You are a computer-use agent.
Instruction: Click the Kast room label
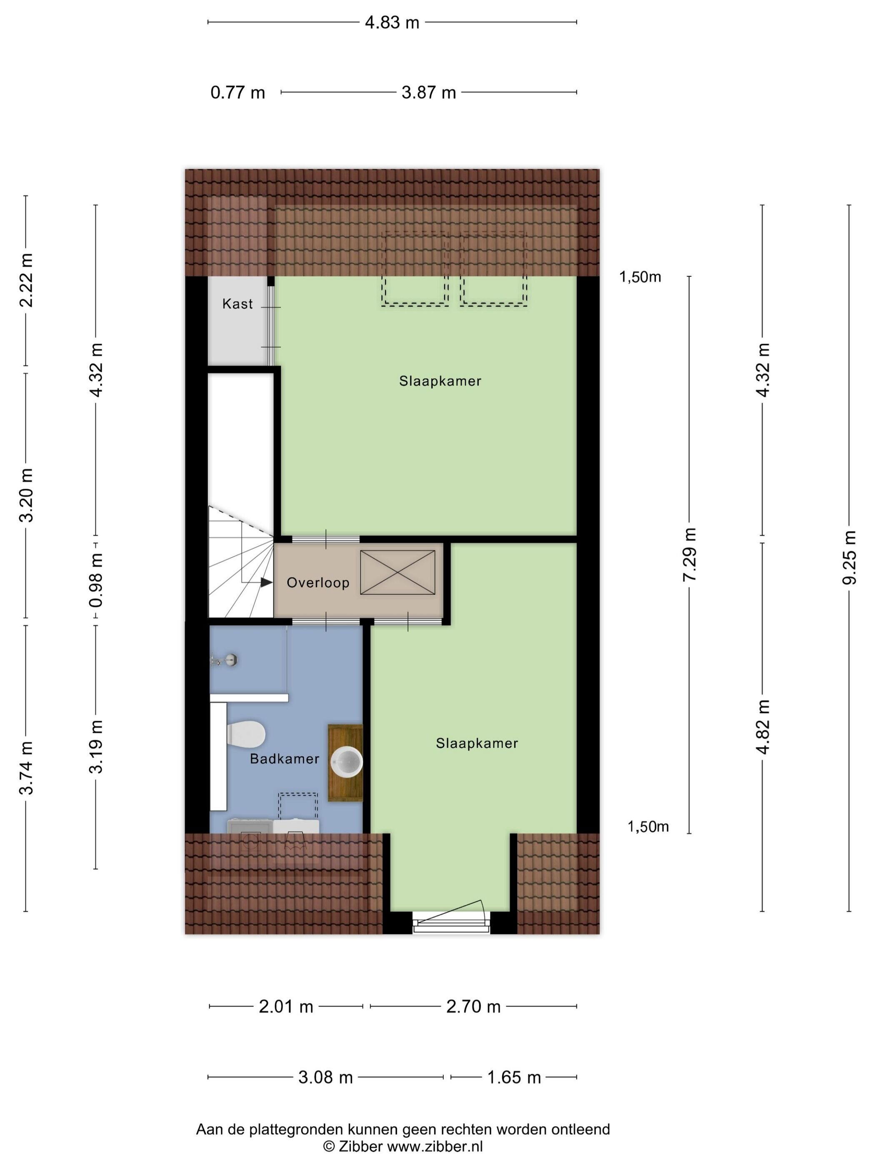point(237,304)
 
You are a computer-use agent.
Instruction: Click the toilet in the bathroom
point(245,734)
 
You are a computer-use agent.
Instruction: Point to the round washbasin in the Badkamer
point(347,762)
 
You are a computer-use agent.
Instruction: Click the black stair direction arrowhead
point(267,582)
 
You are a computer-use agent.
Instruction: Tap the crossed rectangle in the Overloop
point(397,572)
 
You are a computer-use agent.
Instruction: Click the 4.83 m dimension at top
point(392,23)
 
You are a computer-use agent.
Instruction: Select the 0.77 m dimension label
point(238,93)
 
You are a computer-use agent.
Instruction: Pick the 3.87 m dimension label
point(429,93)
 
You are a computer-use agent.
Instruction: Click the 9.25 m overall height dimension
point(849,557)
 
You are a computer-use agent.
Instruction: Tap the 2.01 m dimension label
point(286,1007)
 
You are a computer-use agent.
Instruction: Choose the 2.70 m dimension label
point(473,1007)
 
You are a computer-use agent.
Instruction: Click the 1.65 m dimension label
point(514,1077)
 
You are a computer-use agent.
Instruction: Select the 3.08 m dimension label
point(325,1077)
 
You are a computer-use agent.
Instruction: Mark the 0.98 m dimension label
point(96,580)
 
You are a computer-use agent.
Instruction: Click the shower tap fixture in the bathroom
point(225,659)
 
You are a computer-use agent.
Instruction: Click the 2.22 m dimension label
point(26,280)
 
